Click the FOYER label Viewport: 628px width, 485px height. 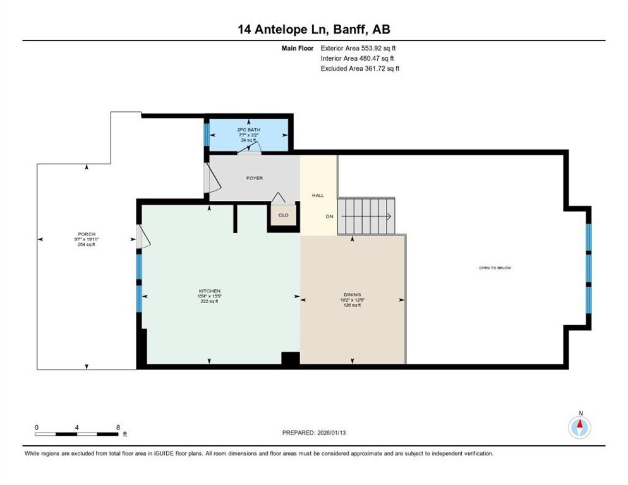coord(255,178)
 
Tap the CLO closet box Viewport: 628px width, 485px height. coord(284,215)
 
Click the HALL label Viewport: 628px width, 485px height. coord(318,195)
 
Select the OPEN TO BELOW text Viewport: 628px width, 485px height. coord(495,268)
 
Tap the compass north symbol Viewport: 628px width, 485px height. coord(579,427)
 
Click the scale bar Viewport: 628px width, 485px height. coord(77,434)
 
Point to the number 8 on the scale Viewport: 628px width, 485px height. coord(118,427)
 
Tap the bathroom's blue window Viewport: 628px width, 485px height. coord(206,133)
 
